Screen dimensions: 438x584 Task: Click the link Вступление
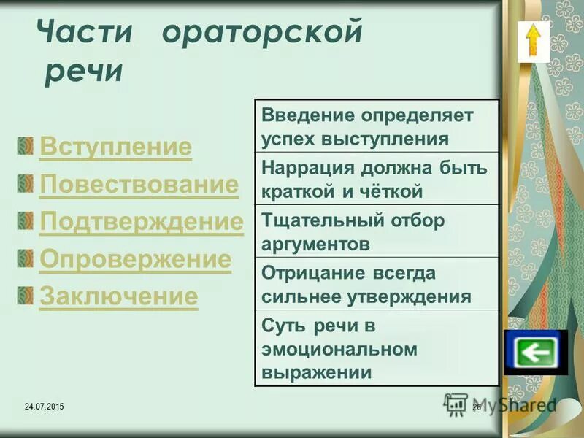[x=115, y=147]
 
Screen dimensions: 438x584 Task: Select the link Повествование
[x=139, y=185]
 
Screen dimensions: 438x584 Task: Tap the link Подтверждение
[x=141, y=222]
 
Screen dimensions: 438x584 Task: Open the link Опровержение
[x=135, y=259]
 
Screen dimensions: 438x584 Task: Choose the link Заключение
[x=118, y=296]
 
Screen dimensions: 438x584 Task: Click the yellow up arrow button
[x=534, y=42]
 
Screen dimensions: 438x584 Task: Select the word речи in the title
[x=83, y=73]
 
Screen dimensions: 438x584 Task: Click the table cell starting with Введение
[x=376, y=126]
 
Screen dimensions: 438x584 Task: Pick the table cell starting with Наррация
[x=376, y=179]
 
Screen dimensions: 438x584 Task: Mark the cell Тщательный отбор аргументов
[x=376, y=231]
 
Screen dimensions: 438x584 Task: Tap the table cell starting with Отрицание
[x=376, y=284]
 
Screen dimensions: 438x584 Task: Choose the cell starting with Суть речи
[x=376, y=347]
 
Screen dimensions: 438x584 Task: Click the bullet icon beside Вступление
[x=26, y=145]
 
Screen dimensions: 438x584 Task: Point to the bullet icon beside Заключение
[x=26, y=293]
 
